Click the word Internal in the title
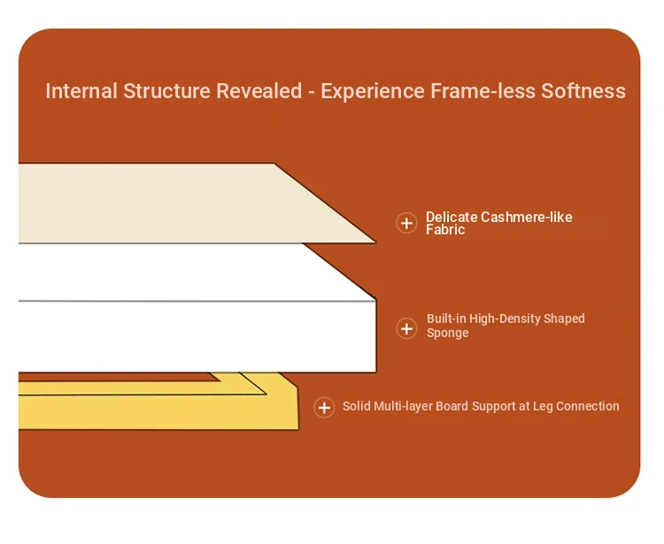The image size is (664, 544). point(81,90)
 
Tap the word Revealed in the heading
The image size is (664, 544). point(259,90)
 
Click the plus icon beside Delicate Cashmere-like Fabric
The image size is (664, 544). point(406,223)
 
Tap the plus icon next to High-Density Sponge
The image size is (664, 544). point(406,329)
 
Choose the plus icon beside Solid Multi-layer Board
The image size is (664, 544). point(324,408)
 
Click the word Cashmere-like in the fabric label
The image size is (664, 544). point(527,217)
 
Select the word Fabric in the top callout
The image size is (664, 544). point(445,229)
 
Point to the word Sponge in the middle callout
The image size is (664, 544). point(448,333)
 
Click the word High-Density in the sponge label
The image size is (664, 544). point(505,318)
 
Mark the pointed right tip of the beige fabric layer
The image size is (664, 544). point(375,242)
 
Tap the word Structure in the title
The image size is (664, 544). point(166,90)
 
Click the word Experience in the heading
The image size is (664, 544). point(372,90)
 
